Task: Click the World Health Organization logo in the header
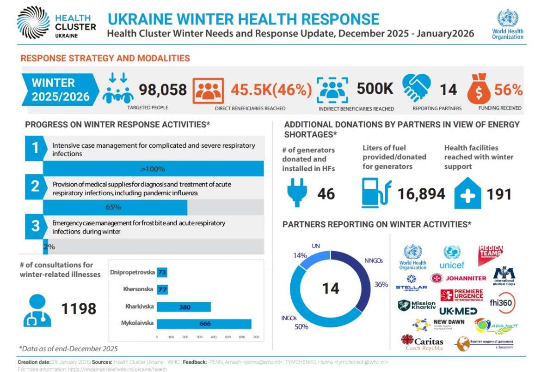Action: (x=507, y=24)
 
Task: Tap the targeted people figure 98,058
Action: (x=163, y=89)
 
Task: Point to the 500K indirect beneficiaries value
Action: (x=375, y=89)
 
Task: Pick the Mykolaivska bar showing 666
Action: (x=204, y=324)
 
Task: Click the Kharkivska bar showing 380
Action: (x=184, y=307)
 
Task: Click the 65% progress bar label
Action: (x=113, y=207)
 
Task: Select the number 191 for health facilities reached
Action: (x=499, y=194)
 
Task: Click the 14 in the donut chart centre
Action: (x=330, y=289)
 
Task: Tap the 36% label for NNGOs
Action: (x=381, y=284)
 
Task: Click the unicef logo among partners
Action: (x=452, y=257)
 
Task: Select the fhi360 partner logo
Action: (x=503, y=303)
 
